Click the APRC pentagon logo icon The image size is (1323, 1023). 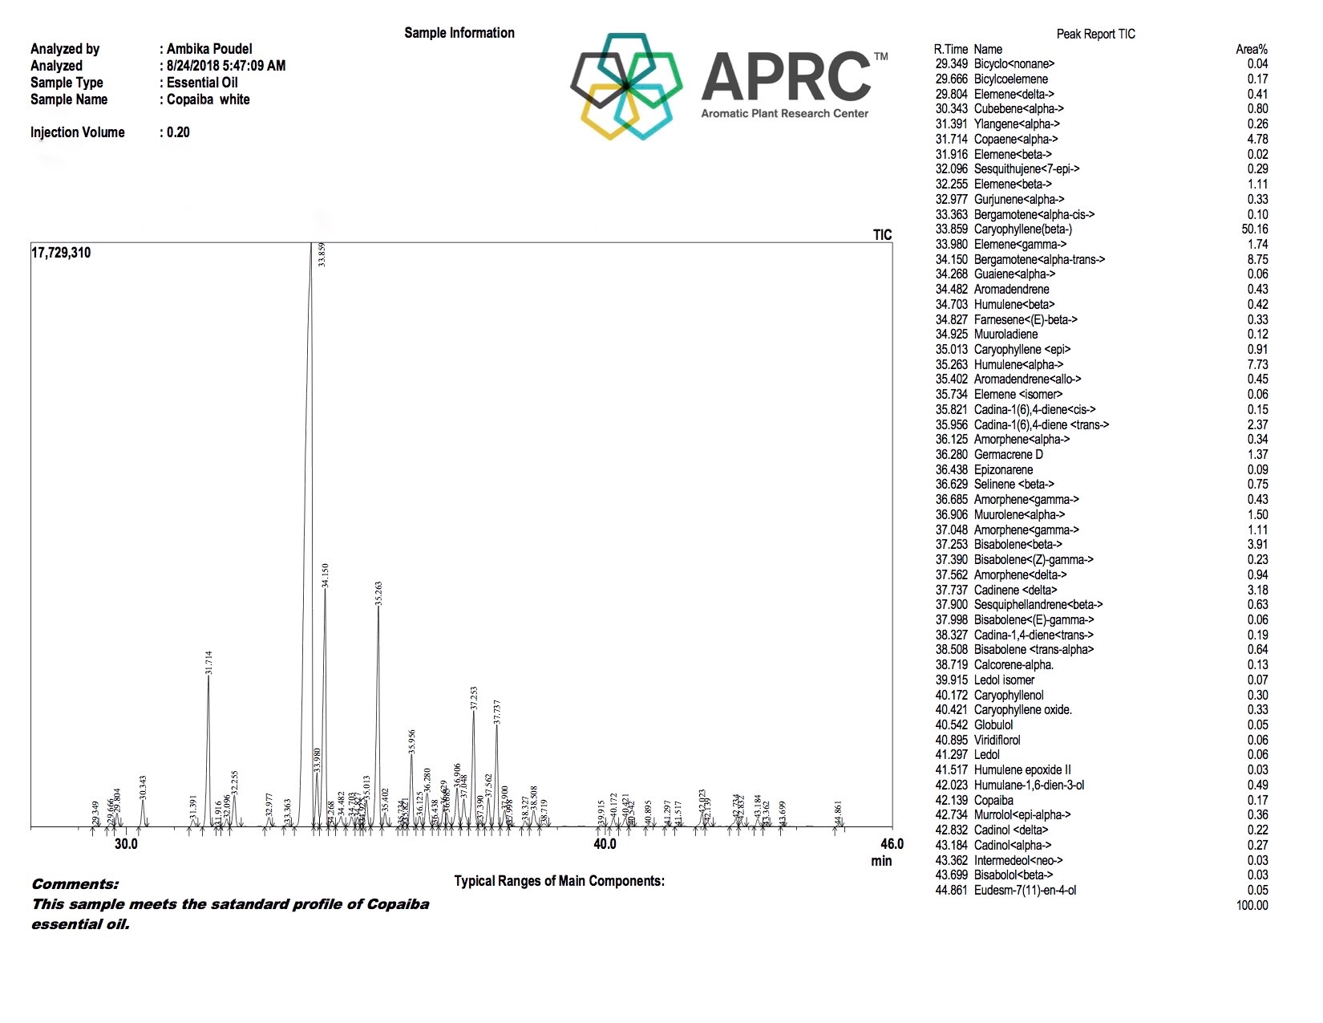tap(626, 86)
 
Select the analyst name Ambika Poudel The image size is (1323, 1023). tap(209, 49)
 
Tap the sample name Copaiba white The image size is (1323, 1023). tap(208, 99)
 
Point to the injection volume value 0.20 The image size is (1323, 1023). tap(178, 132)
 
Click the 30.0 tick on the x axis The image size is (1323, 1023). tap(126, 844)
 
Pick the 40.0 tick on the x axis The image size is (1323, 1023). tap(605, 844)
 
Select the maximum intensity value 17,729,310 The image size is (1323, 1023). tap(61, 253)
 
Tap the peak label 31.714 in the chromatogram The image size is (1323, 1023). tap(208, 661)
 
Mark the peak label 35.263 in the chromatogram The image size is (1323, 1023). tap(378, 593)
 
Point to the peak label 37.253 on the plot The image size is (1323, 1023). tap(474, 698)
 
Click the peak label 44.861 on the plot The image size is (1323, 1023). tap(839, 813)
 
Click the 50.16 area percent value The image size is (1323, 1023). tap(1254, 229)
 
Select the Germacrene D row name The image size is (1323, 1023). tap(1008, 455)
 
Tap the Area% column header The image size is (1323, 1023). tap(1251, 50)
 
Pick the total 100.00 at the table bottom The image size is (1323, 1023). tap(1252, 906)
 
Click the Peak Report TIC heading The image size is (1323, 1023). tap(1095, 34)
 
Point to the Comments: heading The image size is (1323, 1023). tap(75, 884)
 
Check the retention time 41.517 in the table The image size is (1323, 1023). tap(951, 770)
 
